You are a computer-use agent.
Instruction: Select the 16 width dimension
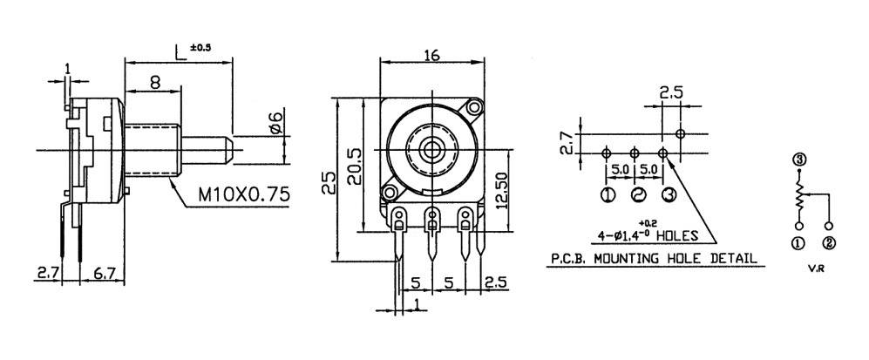(x=431, y=54)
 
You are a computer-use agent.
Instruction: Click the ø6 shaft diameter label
(x=275, y=124)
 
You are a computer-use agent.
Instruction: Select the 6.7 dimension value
(x=102, y=274)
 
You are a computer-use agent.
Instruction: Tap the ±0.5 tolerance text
(x=200, y=47)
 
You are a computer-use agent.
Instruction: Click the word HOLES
(x=679, y=235)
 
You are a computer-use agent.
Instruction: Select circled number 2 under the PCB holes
(x=637, y=194)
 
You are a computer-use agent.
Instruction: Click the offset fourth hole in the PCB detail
(x=681, y=133)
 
